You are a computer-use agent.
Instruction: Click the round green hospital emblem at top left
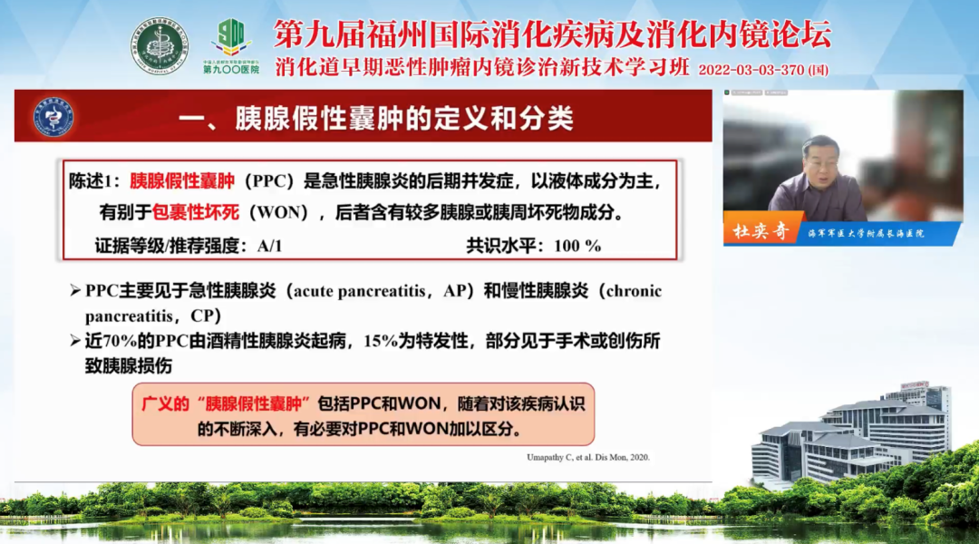point(160,45)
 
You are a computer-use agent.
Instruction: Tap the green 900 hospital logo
point(231,40)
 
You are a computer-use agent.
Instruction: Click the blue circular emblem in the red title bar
point(53,117)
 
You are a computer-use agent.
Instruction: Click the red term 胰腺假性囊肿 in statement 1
point(182,181)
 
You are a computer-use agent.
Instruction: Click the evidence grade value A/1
point(269,246)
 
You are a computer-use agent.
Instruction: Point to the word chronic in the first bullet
point(632,291)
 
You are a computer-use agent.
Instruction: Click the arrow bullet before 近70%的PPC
point(75,341)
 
